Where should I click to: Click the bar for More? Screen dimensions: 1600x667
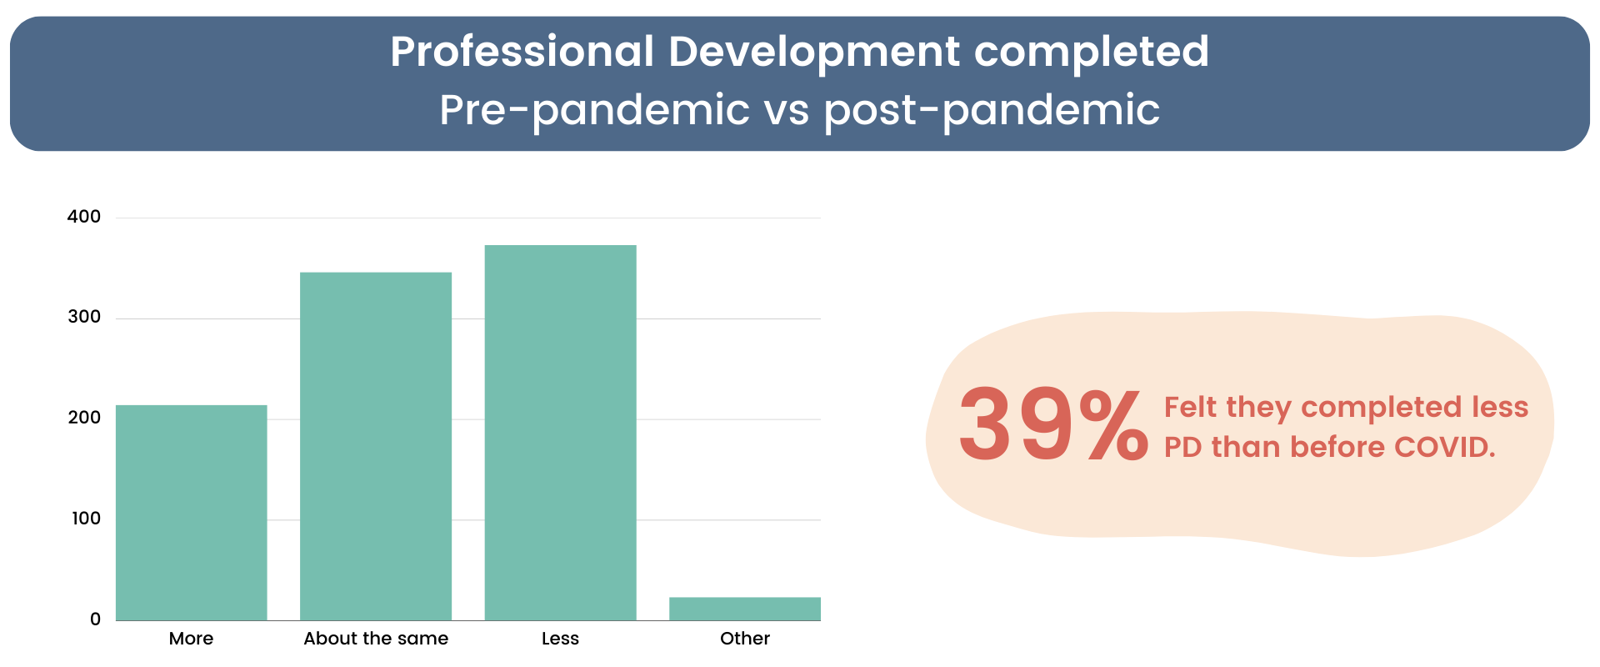tap(191, 513)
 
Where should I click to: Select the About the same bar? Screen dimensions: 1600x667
tap(376, 446)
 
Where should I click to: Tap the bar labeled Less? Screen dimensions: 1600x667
tap(560, 433)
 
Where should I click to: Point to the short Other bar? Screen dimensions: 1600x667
tap(745, 609)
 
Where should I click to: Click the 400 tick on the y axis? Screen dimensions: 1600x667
tap(83, 217)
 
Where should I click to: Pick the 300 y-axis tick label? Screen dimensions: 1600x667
tap(84, 317)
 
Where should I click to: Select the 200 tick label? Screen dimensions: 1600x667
tap(84, 418)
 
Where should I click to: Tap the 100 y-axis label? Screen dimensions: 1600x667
tap(86, 519)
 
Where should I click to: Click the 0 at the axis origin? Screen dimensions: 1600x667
tap(95, 619)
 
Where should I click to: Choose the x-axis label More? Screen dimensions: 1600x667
tap(191, 639)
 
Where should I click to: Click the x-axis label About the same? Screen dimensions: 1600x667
tap(376, 639)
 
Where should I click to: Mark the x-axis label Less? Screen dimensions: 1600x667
tap(560, 639)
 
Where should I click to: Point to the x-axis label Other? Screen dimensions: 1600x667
tap(745, 639)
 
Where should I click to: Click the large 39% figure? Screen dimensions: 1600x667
tap(1053, 425)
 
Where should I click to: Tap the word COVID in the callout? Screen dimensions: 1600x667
tap(1445, 447)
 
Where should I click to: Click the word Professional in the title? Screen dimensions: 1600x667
tap(522, 51)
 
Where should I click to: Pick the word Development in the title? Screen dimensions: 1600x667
tap(814, 53)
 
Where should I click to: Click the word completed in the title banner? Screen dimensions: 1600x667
tap(1092, 53)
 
